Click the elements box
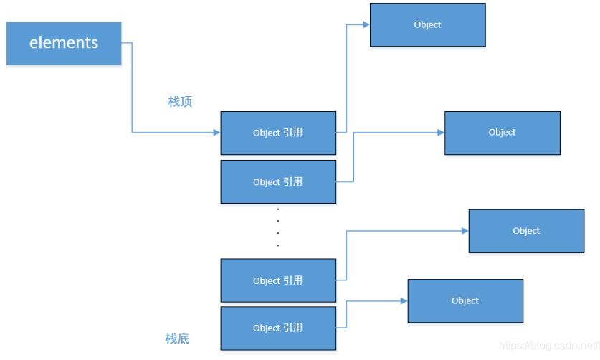click(x=64, y=43)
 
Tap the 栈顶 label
click(x=180, y=102)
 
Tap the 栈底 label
click(x=177, y=338)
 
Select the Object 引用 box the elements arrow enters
click(x=278, y=133)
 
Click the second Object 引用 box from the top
click(x=278, y=182)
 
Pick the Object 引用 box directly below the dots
click(x=278, y=280)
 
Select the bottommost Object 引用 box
click(x=278, y=328)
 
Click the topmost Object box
click(x=427, y=25)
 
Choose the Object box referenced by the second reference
click(x=502, y=133)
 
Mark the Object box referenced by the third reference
click(x=526, y=231)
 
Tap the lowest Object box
click(x=465, y=300)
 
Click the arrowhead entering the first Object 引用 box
click(x=216, y=133)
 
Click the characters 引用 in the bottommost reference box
click(x=293, y=328)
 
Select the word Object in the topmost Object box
click(x=427, y=25)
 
